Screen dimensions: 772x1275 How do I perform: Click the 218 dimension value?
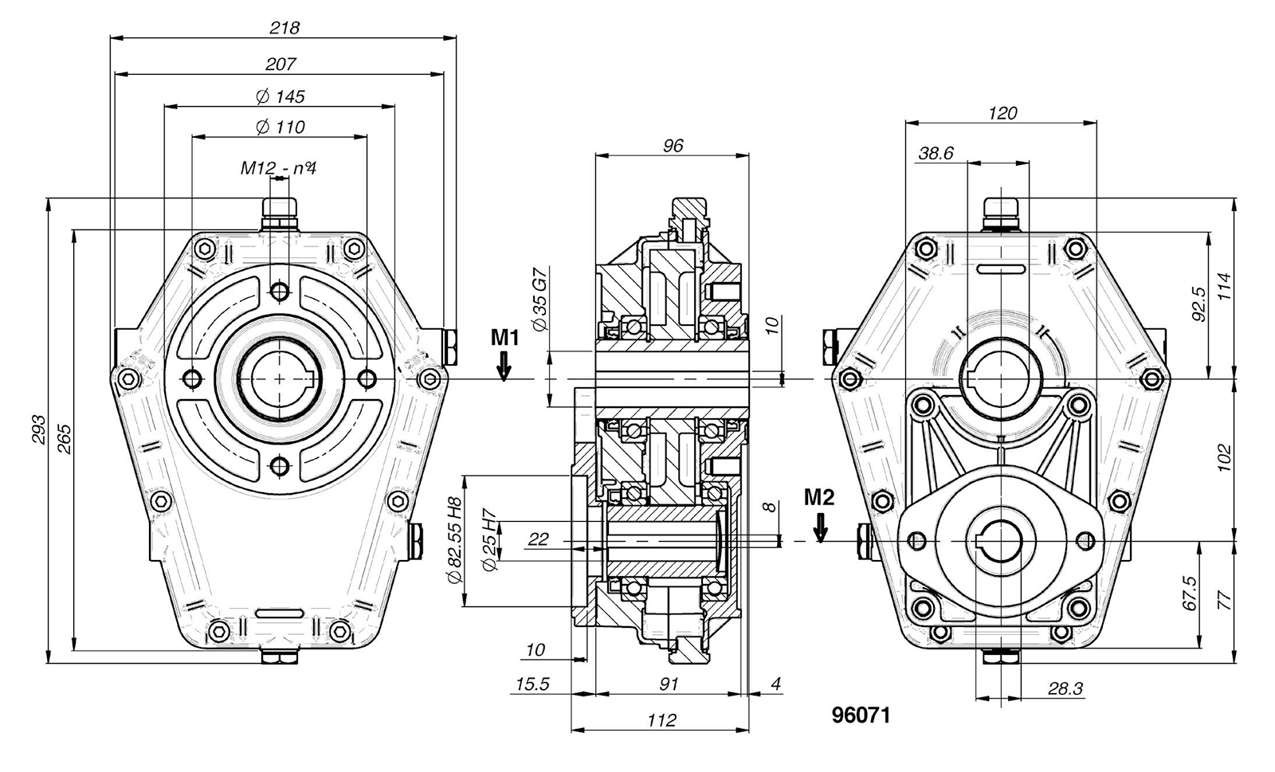coord(284,28)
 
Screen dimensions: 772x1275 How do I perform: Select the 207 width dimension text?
coord(280,64)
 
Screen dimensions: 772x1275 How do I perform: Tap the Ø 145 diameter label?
coord(280,96)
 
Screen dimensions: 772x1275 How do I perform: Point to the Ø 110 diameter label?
coord(280,127)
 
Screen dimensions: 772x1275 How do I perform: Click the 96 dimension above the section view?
coord(673,146)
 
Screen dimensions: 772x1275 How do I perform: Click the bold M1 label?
coord(504,338)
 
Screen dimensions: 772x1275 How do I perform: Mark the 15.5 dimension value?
coord(532,684)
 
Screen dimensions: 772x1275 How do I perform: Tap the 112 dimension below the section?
coord(661,720)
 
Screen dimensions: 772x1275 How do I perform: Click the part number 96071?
coord(861,715)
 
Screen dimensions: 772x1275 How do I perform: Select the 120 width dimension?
coord(1002,113)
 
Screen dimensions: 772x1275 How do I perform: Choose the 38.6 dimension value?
coord(936,154)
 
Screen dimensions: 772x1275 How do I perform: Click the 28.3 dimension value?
coord(1065,688)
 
